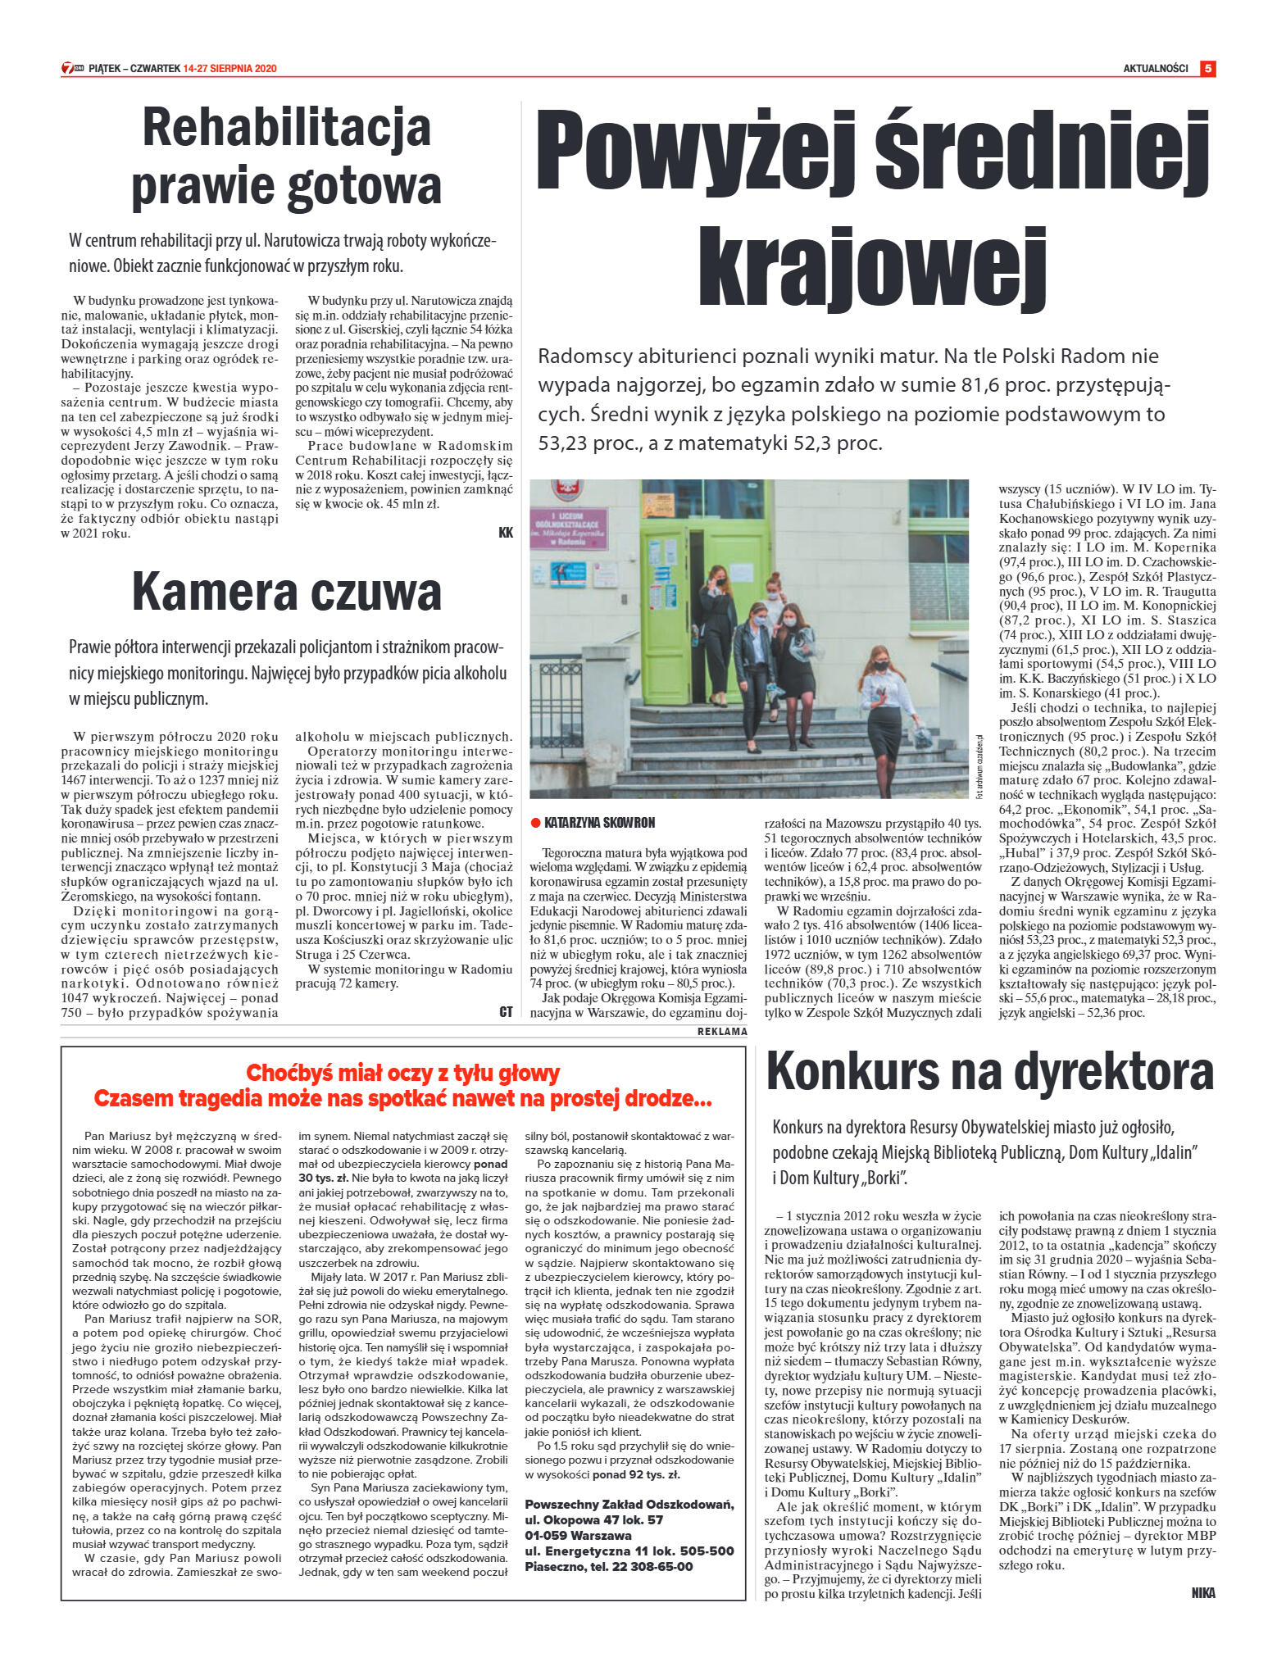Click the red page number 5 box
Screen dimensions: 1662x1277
pyautogui.click(x=1207, y=69)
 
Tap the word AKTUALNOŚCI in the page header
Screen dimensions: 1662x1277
pyautogui.click(x=1155, y=69)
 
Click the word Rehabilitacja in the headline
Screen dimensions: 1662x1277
pyautogui.click(x=286, y=129)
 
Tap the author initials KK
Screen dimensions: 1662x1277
pyautogui.click(x=505, y=533)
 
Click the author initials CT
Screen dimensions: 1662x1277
pyautogui.click(x=505, y=1012)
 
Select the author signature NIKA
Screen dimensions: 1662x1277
pyautogui.click(x=1202, y=1593)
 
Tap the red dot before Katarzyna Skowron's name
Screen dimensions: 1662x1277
pyautogui.click(x=535, y=823)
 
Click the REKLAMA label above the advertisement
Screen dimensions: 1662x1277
pyautogui.click(x=721, y=1032)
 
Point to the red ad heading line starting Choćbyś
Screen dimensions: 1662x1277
pyautogui.click(x=402, y=1073)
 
